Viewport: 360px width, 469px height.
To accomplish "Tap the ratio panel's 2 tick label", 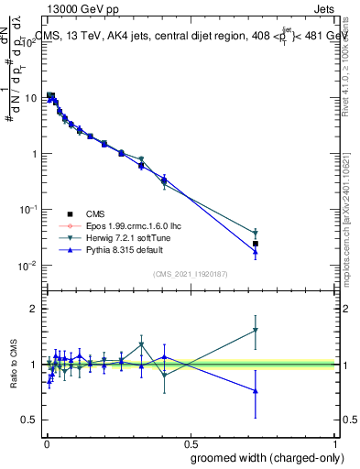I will [x=34, y=309].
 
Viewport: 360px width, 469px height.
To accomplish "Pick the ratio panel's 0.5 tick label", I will [x=30, y=420].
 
